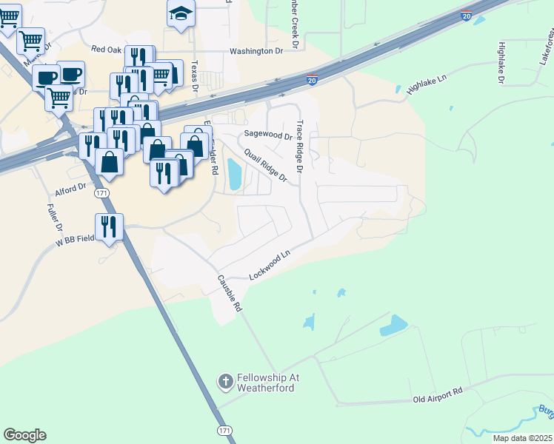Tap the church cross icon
click(225, 383)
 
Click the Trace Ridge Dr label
click(300, 147)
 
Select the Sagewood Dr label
click(268, 135)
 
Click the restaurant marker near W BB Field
click(109, 226)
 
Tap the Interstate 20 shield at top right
click(465, 15)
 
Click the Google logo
click(25, 435)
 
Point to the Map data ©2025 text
click(522, 438)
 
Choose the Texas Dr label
click(196, 76)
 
